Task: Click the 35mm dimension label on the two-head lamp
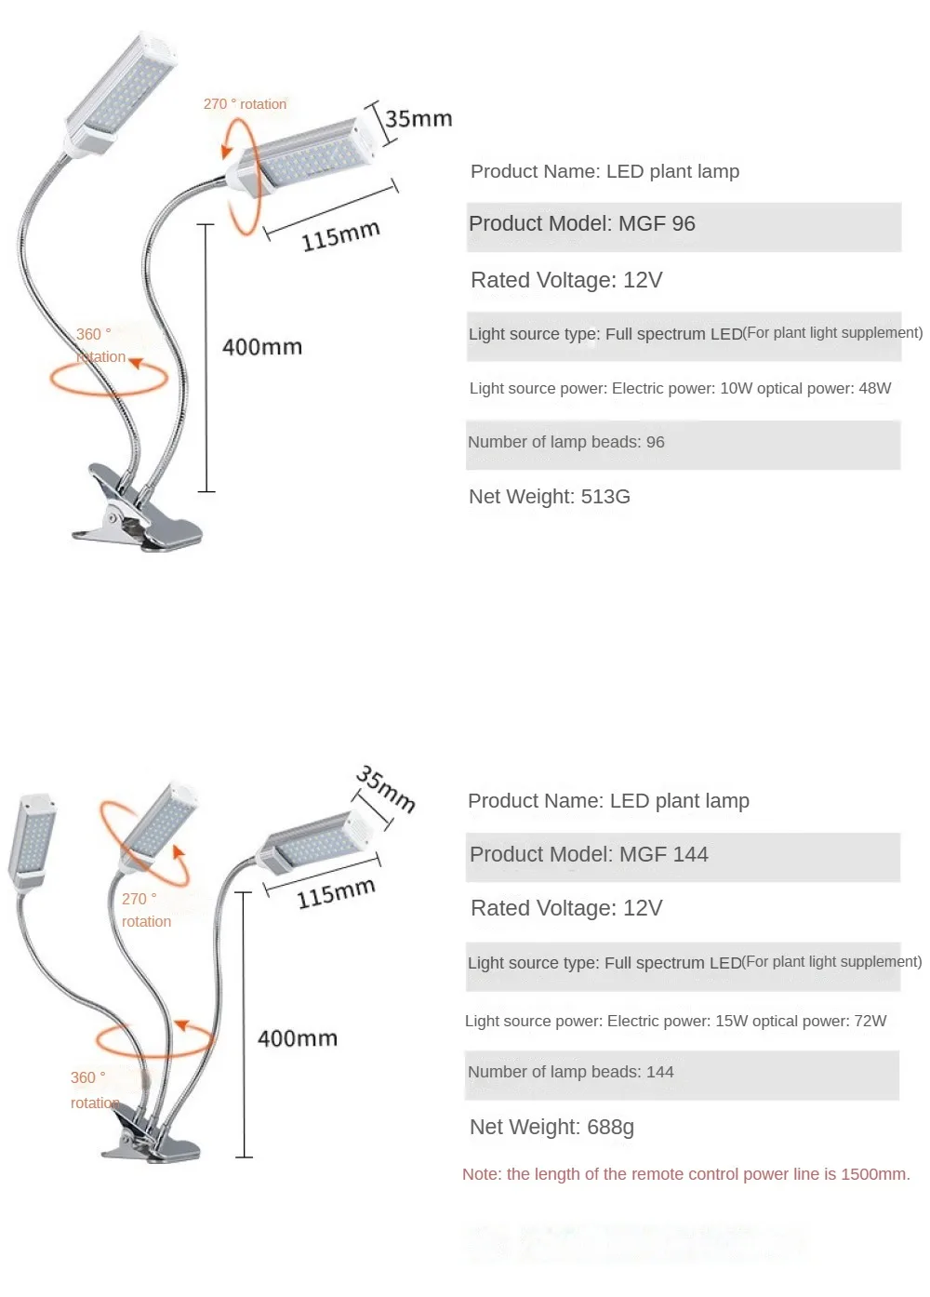[418, 119]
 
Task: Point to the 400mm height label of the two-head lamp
[262, 347]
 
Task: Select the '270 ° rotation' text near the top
[245, 104]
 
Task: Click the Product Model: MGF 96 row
[683, 224]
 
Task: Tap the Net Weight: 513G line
[550, 497]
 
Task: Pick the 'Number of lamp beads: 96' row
[683, 443]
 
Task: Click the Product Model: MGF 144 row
[683, 855]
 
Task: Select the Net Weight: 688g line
[552, 1127]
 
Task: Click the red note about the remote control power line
[685, 1174]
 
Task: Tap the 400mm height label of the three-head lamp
[298, 1038]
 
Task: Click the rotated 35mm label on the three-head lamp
[385, 789]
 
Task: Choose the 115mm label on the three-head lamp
[336, 893]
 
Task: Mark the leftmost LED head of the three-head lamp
[33, 836]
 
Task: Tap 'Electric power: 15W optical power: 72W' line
[676, 1021]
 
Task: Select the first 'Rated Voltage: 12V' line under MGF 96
[566, 280]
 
